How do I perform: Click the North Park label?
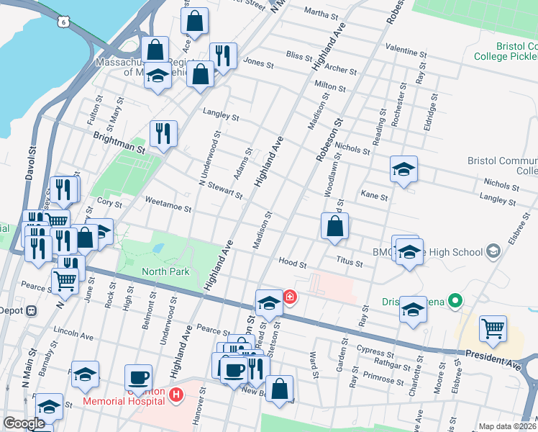pos(165,271)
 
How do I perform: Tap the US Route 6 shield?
pos(65,22)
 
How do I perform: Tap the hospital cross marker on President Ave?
pos(289,297)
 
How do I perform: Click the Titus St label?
pos(348,264)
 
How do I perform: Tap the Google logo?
pos(24,423)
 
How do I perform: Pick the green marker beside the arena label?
pos(455,300)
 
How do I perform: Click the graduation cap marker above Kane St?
pos(403,169)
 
